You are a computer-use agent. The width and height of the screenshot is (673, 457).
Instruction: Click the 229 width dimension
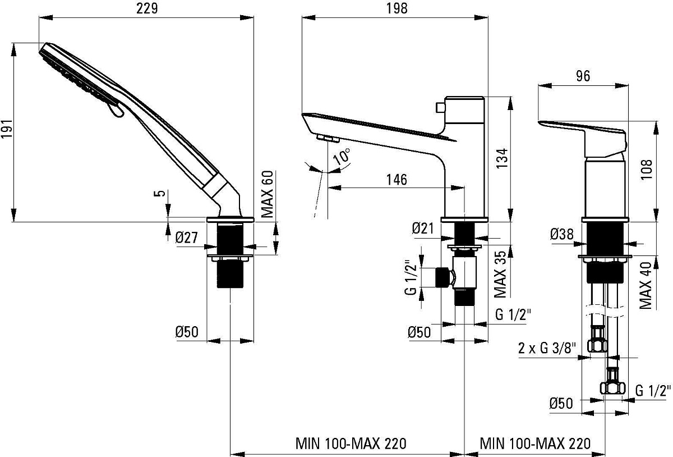(x=147, y=8)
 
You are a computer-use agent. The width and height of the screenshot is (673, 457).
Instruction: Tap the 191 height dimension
(x=7, y=129)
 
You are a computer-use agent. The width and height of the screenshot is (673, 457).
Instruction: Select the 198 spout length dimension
(x=397, y=8)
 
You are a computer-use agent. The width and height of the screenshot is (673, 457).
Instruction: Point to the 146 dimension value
(x=397, y=180)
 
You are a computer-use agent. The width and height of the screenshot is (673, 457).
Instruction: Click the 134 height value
(x=502, y=158)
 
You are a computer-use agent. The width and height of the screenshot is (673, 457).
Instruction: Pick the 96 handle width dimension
(x=583, y=76)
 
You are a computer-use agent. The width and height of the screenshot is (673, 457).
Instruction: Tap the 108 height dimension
(x=646, y=170)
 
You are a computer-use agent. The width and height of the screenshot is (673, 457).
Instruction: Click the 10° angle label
(x=342, y=157)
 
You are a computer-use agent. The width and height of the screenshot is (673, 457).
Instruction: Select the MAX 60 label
(x=267, y=194)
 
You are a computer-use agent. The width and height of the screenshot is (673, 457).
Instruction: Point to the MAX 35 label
(x=500, y=274)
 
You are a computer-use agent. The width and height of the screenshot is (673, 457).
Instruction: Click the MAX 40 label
(x=646, y=286)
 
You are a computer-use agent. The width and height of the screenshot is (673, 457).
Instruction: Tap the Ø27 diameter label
(x=187, y=237)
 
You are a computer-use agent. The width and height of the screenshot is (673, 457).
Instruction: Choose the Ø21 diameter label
(x=423, y=228)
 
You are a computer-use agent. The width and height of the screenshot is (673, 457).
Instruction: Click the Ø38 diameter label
(x=562, y=234)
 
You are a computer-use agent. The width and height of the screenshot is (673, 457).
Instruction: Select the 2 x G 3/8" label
(x=547, y=348)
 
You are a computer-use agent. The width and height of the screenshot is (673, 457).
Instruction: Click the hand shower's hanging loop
(x=116, y=110)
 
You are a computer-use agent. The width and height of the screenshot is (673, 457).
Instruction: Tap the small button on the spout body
(x=440, y=107)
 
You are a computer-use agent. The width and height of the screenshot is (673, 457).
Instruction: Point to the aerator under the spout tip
(x=328, y=139)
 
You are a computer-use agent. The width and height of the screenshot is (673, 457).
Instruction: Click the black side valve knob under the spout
(x=442, y=277)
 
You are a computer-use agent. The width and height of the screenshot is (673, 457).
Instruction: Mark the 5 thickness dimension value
(x=162, y=193)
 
